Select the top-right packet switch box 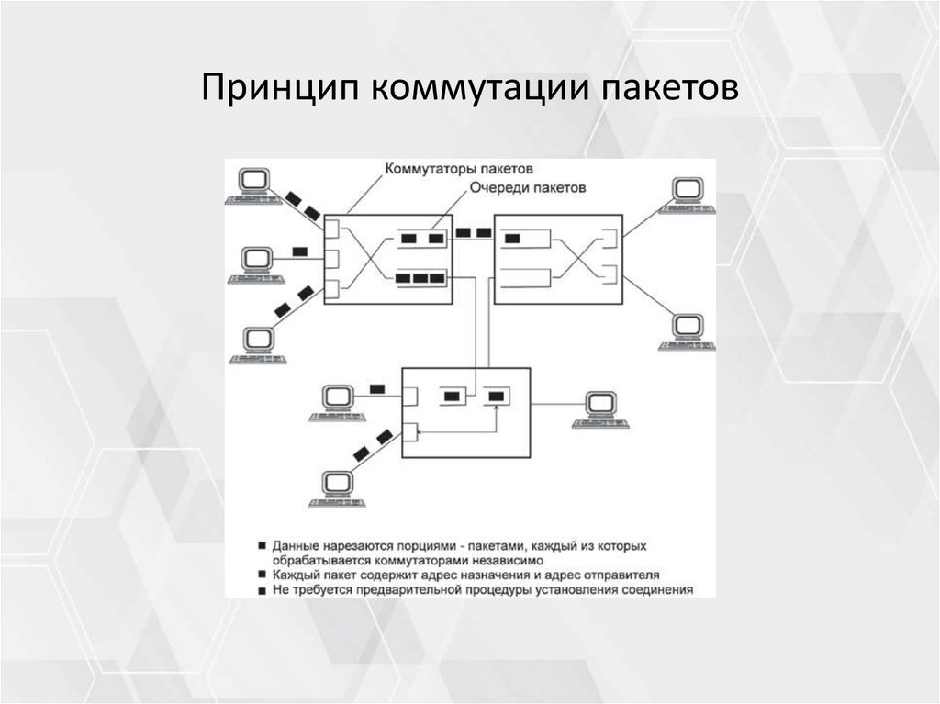558,259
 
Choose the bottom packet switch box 466,412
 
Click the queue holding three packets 422,276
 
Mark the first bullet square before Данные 263,545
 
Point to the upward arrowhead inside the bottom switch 496,411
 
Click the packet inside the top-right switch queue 512,239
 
